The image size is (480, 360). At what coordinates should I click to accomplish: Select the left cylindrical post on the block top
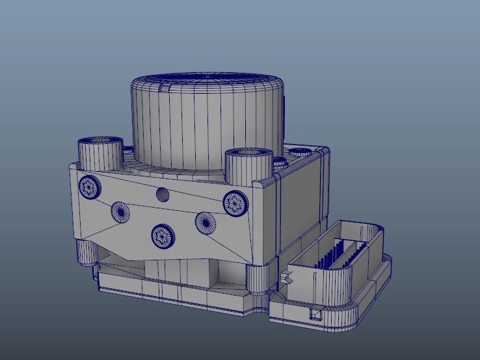pos(100,154)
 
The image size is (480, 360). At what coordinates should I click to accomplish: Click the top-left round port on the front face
pos(90,187)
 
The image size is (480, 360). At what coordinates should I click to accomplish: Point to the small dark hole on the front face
pos(163,194)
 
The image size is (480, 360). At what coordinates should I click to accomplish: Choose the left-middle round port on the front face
pos(120,211)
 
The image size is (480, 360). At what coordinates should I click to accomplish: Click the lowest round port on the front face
pos(163,236)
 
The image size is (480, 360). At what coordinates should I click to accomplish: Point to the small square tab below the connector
pos(317,314)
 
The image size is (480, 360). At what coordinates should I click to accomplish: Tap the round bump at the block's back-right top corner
pos(301,152)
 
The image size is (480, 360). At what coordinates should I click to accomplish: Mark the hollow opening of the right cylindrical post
pos(248,154)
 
